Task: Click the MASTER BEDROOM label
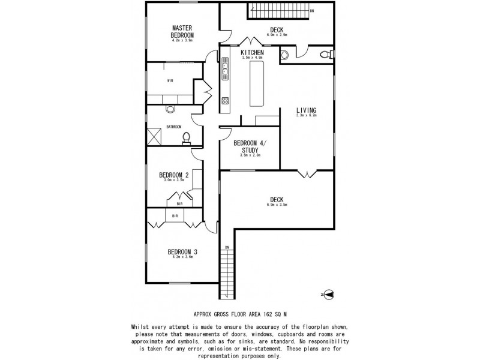click(x=182, y=31)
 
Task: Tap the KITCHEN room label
click(x=252, y=53)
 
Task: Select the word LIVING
click(x=306, y=110)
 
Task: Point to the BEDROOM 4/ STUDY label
click(x=250, y=146)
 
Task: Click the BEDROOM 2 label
click(x=174, y=175)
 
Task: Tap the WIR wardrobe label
click(x=170, y=82)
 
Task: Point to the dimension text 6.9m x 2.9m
click(x=277, y=35)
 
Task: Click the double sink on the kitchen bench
click(x=225, y=68)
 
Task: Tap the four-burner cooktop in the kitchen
click(x=226, y=100)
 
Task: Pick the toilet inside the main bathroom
click(x=186, y=139)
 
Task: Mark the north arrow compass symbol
click(x=330, y=295)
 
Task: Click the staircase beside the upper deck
click(x=277, y=10)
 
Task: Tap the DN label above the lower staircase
click(x=227, y=247)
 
